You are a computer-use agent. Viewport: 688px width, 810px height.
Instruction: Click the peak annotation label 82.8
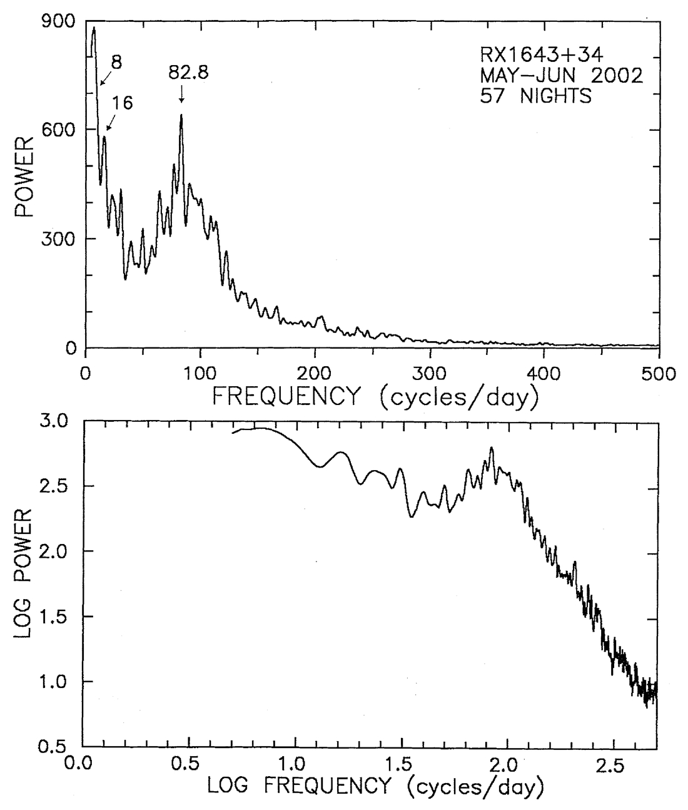(x=188, y=72)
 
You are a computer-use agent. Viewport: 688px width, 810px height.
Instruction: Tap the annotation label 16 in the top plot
(x=123, y=103)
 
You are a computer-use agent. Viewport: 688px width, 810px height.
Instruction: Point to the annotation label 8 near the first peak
(x=117, y=62)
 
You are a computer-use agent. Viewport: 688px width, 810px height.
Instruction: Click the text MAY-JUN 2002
(x=561, y=76)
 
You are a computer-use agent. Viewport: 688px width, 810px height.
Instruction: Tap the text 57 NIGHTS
(x=535, y=96)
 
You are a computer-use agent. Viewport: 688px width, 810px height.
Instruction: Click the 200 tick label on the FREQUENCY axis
(x=315, y=374)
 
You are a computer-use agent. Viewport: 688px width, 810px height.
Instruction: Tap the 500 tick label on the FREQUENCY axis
(x=659, y=374)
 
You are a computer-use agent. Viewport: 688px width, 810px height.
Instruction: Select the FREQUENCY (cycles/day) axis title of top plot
(x=375, y=397)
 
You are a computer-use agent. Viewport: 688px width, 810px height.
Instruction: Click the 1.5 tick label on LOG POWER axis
(x=56, y=617)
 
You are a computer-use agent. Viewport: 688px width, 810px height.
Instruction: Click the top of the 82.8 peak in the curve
(x=181, y=115)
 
